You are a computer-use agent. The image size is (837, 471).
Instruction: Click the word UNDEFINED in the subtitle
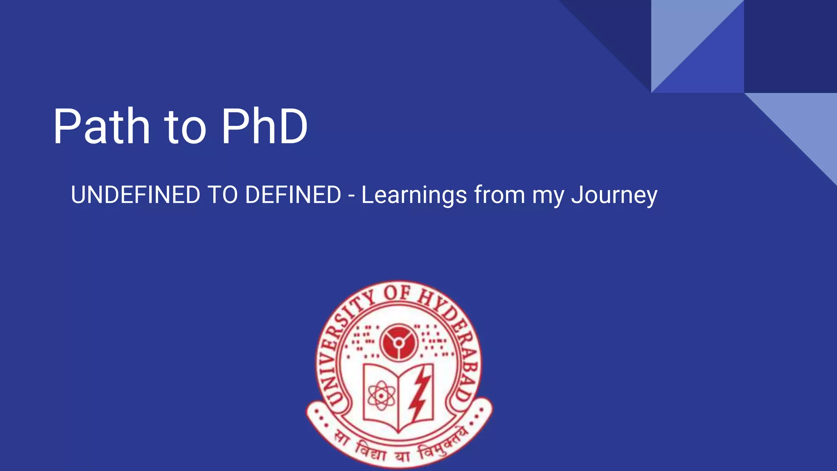(135, 195)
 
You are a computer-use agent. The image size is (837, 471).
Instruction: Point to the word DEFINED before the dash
(293, 195)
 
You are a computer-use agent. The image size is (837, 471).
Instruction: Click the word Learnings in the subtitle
(414, 195)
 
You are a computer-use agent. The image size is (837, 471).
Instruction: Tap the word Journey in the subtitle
(614, 195)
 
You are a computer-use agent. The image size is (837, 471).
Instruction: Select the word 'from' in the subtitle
(499, 195)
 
